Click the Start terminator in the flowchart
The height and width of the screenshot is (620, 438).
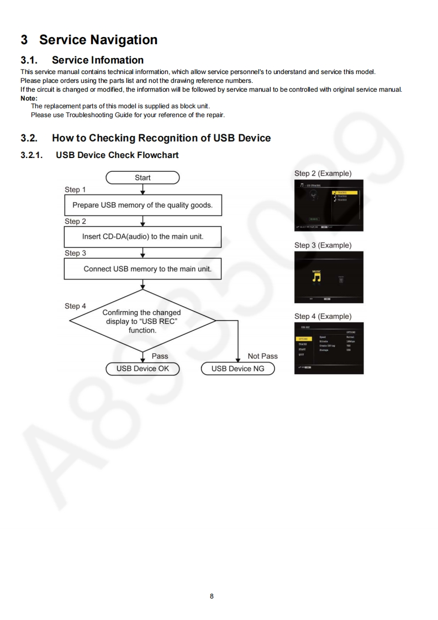coord(143,177)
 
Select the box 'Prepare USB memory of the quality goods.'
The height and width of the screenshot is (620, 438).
coord(143,205)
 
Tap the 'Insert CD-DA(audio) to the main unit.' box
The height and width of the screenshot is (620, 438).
coord(143,237)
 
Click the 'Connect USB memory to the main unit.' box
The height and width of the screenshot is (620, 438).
coord(143,269)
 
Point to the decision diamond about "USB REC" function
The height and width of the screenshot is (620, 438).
coord(143,321)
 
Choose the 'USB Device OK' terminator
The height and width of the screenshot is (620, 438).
coord(143,369)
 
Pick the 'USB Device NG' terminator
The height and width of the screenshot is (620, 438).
coord(238,369)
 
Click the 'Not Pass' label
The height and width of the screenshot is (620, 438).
coord(262,356)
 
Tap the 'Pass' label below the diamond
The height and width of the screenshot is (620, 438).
coord(160,356)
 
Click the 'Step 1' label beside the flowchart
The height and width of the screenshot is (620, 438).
coord(75,190)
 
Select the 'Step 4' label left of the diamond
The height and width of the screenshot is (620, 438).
coord(75,306)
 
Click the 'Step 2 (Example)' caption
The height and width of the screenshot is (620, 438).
coord(323,174)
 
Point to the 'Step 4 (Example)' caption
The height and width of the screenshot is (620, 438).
coord(323,316)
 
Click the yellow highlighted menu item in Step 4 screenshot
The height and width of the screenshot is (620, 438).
coord(303,339)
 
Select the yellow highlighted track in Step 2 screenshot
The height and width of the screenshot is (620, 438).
coord(344,192)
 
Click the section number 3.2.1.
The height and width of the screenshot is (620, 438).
coord(33,155)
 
